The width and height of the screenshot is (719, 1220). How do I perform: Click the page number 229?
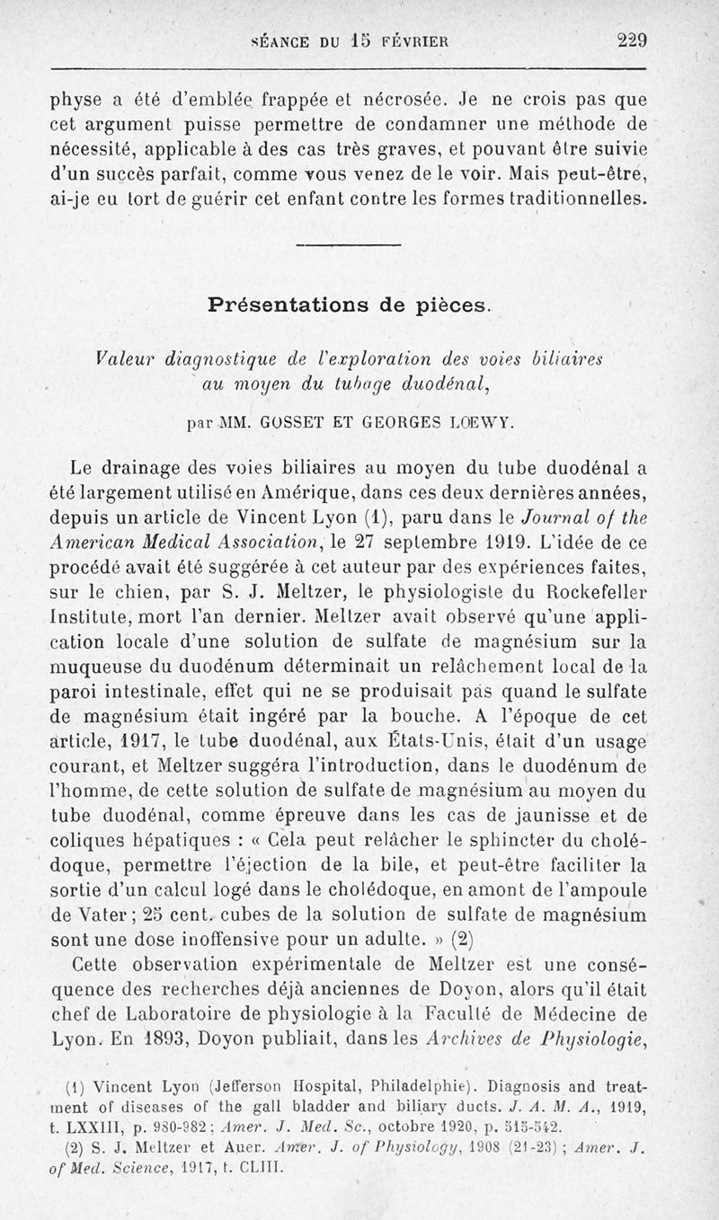point(632,40)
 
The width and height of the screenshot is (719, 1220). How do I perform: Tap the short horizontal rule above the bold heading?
point(347,245)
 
